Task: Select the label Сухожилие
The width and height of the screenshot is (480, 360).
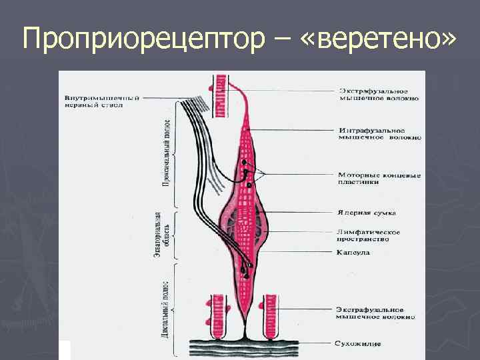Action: tap(359, 344)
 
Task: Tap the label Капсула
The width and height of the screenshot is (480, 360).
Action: tap(353, 253)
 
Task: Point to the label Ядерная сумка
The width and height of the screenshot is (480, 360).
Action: tap(367, 213)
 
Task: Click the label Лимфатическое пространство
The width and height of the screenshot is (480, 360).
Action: tap(369, 235)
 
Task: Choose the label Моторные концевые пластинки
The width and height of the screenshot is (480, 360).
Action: tap(379, 178)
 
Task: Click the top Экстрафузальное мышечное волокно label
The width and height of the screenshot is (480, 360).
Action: tap(379, 94)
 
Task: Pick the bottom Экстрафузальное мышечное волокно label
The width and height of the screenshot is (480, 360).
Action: tap(378, 313)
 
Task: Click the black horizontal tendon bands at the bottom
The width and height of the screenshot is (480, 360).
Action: tap(247, 344)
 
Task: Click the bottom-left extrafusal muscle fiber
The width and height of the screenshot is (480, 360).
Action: tap(219, 314)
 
